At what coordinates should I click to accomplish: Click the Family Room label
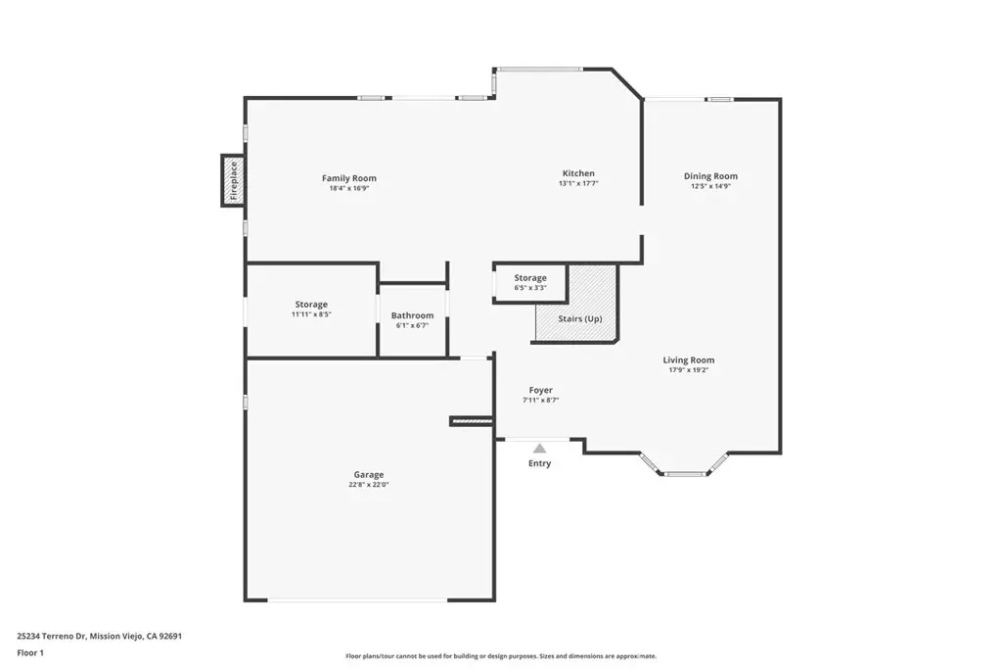(349, 178)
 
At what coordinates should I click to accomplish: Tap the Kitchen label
(578, 173)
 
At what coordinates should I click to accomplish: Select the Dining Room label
(710, 176)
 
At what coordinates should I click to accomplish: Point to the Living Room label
(688, 360)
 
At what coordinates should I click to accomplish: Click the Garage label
(369, 474)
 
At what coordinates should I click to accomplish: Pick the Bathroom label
(412, 315)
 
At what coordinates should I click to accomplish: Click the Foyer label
(540, 390)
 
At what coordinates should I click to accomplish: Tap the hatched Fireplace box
(233, 180)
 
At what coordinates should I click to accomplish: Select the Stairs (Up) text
(579, 318)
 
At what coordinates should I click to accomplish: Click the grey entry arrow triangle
(540, 449)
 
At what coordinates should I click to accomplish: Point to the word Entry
(539, 463)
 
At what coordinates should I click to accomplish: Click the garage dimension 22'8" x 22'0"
(369, 485)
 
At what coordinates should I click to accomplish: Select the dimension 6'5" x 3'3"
(530, 288)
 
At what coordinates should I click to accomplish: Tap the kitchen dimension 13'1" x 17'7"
(578, 183)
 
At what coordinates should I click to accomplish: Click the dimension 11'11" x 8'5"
(311, 314)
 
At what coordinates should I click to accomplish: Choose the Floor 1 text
(30, 653)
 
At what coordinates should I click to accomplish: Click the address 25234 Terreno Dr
(51, 637)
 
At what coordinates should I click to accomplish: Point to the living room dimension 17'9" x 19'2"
(688, 370)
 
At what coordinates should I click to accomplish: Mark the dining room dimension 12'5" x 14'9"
(710, 186)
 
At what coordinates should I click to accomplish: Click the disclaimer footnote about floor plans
(501, 656)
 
